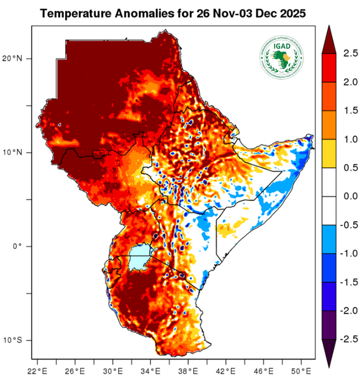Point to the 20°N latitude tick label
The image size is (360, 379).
coord(22,59)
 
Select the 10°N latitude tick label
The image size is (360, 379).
coord(22,152)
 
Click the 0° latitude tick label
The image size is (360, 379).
coord(26,246)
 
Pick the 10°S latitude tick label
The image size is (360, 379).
coord(22,340)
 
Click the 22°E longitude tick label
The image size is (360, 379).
coord(37,370)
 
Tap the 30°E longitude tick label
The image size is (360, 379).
coord(112,370)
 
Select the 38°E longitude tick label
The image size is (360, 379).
coord(188,370)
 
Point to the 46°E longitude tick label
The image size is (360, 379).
coord(263,370)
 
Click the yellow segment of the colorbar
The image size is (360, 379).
coord(330,153)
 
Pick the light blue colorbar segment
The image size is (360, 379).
coord(330,239)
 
